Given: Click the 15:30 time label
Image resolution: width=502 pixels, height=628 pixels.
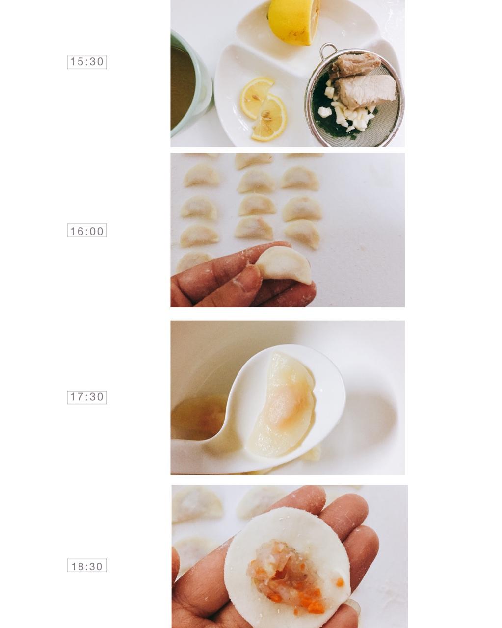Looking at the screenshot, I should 87,62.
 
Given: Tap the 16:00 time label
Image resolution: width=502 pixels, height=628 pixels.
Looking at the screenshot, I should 87,231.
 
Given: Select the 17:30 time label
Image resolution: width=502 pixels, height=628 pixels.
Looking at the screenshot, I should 87,397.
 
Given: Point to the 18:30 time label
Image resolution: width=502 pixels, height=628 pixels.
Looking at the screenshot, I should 87,566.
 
